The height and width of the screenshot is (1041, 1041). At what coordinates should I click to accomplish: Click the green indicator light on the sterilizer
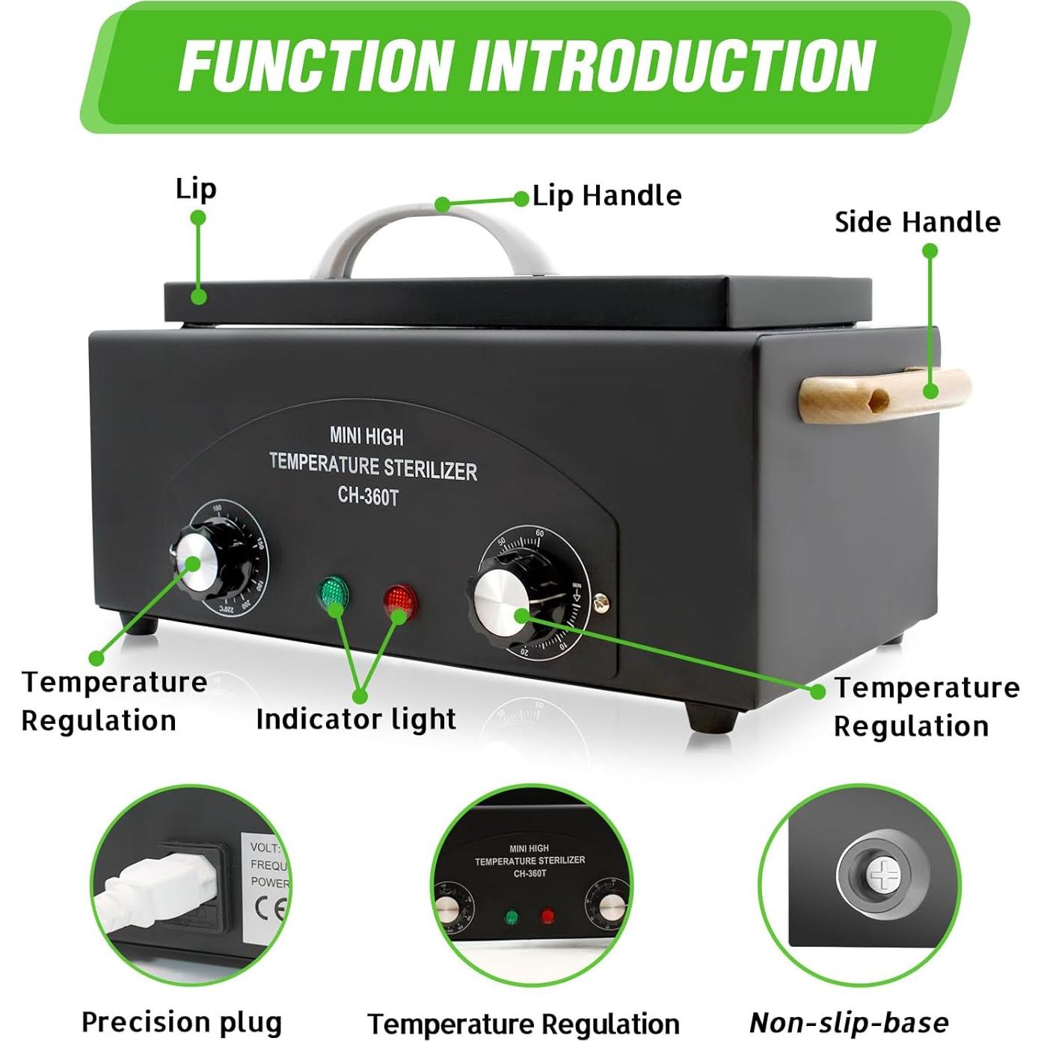pyautogui.click(x=332, y=594)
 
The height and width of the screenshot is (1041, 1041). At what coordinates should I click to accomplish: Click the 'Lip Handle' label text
pyautogui.click(x=607, y=197)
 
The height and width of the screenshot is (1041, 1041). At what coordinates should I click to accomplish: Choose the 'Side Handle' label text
pyautogui.click(x=918, y=222)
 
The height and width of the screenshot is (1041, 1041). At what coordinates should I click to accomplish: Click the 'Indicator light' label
pyautogui.click(x=355, y=719)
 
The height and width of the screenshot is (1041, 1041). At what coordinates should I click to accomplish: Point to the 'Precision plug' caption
pyautogui.click(x=182, y=1022)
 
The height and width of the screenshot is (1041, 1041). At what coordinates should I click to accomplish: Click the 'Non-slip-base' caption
pyautogui.click(x=849, y=1022)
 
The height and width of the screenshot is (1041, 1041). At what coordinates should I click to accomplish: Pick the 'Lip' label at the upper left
pyautogui.click(x=196, y=188)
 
